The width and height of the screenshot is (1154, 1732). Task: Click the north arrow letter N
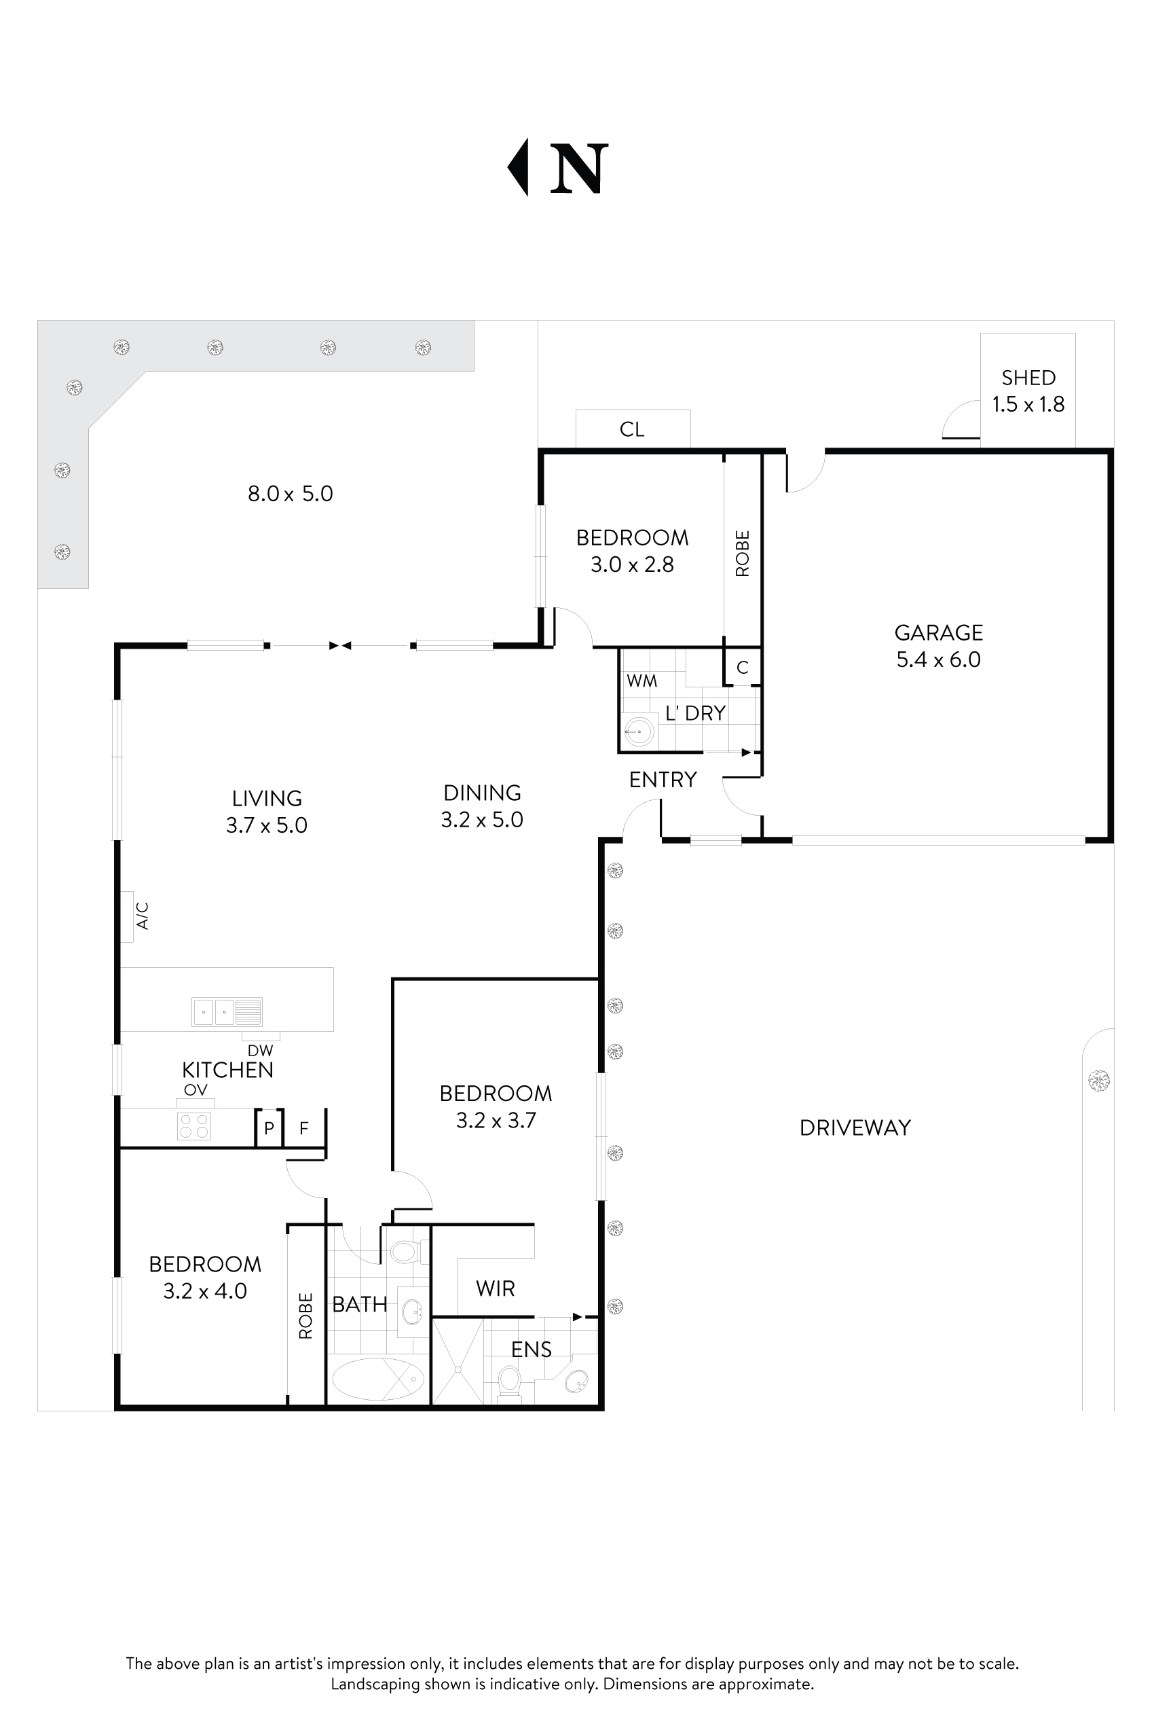(578, 168)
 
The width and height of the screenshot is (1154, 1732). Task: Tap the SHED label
(1028, 378)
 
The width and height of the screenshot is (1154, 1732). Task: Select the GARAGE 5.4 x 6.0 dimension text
(938, 659)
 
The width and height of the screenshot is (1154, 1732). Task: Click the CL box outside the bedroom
(632, 429)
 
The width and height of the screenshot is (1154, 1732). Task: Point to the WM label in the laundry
(641, 681)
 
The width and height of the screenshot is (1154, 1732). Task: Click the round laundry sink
(639, 732)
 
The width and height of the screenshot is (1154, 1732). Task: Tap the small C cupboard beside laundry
(742, 667)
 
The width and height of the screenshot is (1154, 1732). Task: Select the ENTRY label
(663, 779)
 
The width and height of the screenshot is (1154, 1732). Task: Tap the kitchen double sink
(227, 1012)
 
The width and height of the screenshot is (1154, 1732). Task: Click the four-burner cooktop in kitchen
(194, 1125)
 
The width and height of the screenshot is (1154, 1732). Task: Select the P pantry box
(269, 1128)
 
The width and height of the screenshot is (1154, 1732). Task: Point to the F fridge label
(303, 1128)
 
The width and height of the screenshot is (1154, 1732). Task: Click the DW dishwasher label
(260, 1051)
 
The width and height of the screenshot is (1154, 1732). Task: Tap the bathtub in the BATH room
(378, 1379)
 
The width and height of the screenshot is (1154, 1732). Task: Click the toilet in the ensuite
(509, 1380)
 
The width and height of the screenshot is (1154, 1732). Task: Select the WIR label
(495, 1288)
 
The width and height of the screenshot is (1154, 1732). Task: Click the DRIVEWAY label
(855, 1127)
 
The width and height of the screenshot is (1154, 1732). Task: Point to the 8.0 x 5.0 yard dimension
(290, 493)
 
